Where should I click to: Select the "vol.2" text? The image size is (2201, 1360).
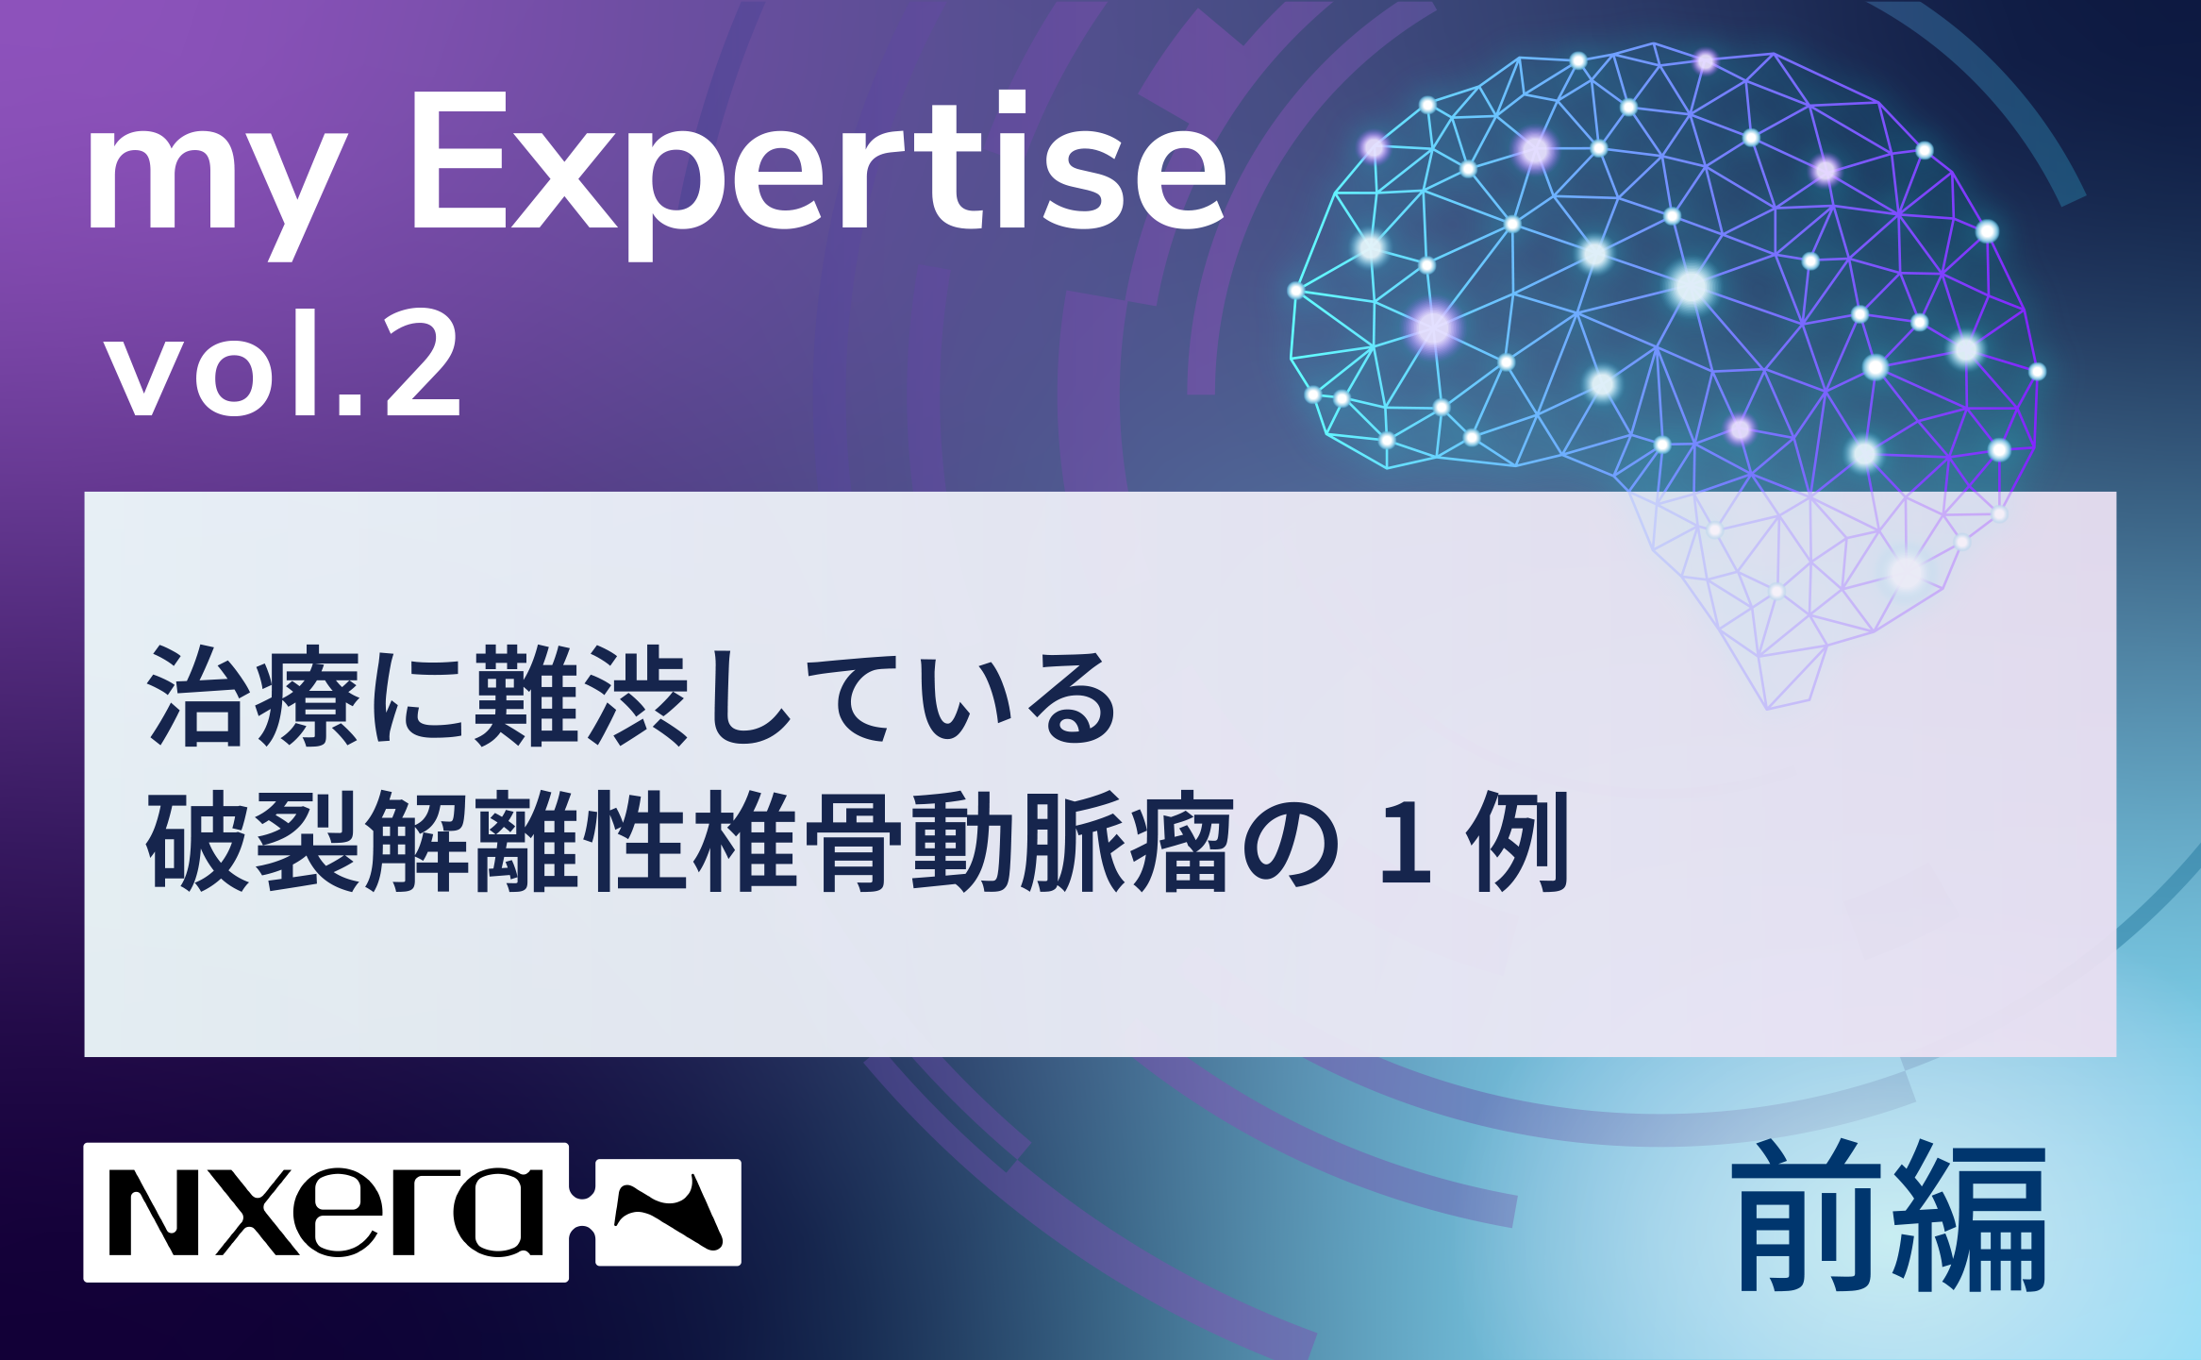pyautogui.click(x=283, y=363)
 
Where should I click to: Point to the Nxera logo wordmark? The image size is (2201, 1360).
pyautogui.click(x=326, y=1213)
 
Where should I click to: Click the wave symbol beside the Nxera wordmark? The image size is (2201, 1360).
pyautogui.click(x=668, y=1212)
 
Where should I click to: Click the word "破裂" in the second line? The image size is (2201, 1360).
pyautogui.click(x=253, y=841)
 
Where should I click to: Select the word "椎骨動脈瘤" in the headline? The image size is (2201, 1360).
pyautogui.click(x=962, y=841)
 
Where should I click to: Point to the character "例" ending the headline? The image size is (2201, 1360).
pyautogui.click(x=1518, y=841)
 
